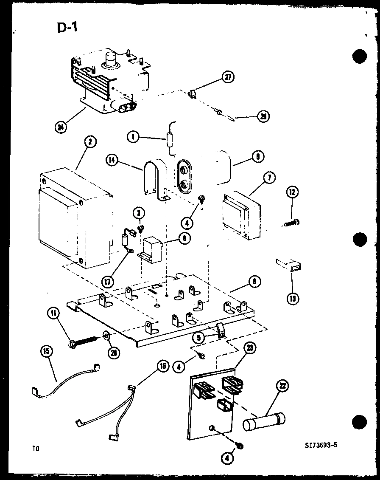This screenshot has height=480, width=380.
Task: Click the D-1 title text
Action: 67,28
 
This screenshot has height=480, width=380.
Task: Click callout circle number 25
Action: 263,116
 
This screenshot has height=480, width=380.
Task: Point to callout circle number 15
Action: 47,351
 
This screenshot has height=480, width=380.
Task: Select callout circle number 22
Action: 282,386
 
